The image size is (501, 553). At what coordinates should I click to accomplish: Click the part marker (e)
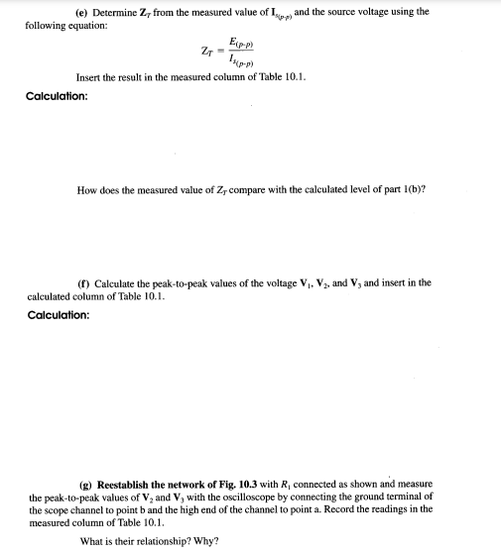82,12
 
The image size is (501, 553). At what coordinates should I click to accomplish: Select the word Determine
117,12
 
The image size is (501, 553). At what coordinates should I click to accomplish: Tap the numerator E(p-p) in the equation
239,43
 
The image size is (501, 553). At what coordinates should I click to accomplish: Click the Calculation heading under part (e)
57,96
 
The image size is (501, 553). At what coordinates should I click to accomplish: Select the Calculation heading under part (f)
57,314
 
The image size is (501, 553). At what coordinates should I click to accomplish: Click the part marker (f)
82,282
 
